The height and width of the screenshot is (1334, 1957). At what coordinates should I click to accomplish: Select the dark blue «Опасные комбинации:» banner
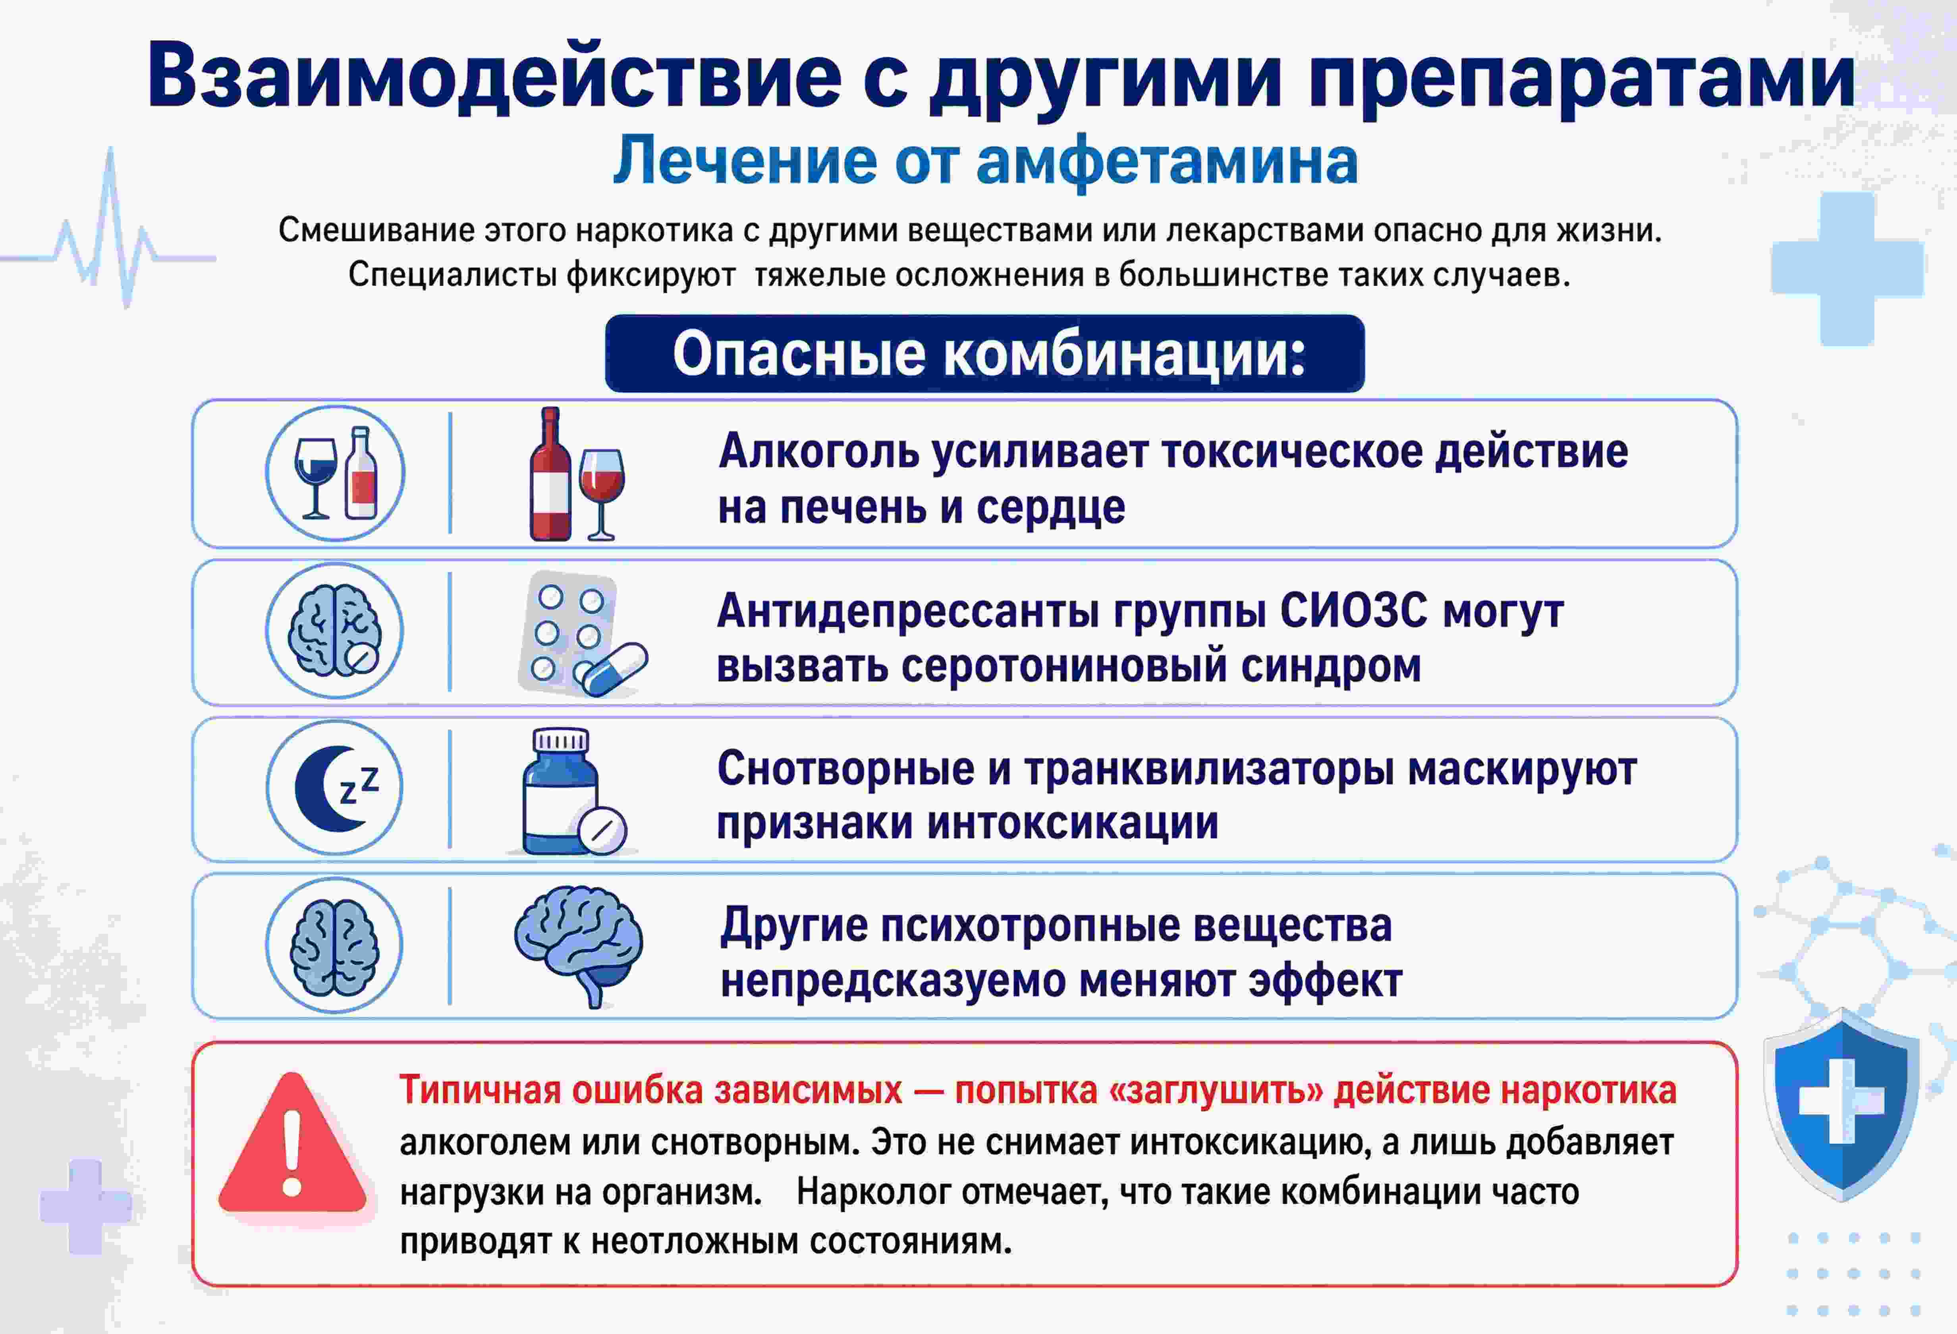coord(984,353)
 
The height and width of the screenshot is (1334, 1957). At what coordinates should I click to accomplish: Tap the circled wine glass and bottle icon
coord(335,473)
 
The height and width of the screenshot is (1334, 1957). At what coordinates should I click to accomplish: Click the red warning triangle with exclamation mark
coord(292,1143)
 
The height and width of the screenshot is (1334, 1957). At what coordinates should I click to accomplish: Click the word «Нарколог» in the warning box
coord(872,1193)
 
